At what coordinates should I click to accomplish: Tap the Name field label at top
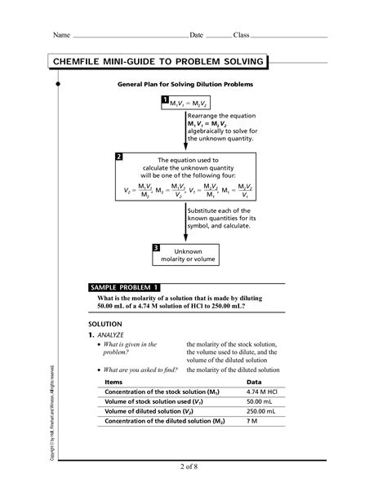point(62,35)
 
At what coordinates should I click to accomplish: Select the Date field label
point(196,35)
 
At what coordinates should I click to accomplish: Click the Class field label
point(241,35)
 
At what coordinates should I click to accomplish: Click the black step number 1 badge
point(165,100)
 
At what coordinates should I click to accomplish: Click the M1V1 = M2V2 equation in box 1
point(189,104)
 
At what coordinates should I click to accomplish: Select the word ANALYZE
point(109,335)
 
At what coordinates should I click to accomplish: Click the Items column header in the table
point(113,382)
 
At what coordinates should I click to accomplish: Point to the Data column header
point(254,382)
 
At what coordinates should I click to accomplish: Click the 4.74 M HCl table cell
point(263,392)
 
